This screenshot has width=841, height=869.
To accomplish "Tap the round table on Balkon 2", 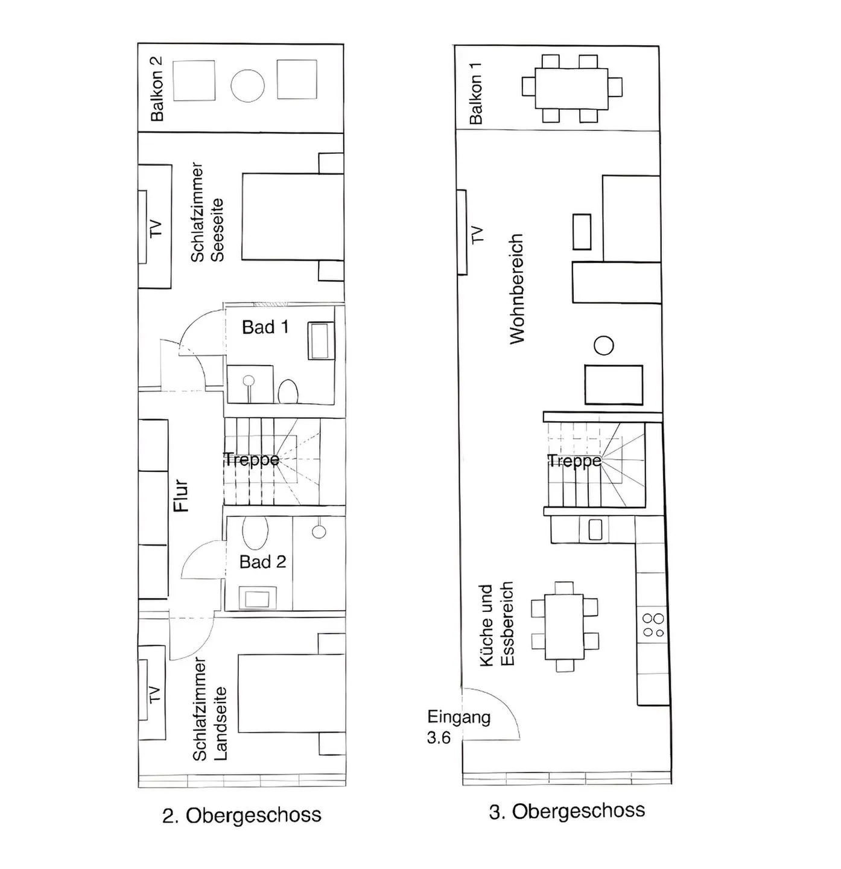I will click(x=247, y=86).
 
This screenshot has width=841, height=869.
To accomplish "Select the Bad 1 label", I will click(x=265, y=328).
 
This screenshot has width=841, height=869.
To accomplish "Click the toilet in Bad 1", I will click(x=288, y=391).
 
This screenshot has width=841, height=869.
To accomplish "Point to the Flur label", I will click(x=182, y=496).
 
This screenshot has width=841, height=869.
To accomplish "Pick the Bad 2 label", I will click(x=262, y=562).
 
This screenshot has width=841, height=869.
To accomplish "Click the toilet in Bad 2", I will click(x=255, y=532).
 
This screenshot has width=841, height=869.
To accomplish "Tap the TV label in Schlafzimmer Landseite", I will click(x=155, y=694).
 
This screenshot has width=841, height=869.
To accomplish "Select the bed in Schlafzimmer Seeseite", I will click(x=293, y=217).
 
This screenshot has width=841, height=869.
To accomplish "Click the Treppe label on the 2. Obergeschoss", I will click(x=252, y=460).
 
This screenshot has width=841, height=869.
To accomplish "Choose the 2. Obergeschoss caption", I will click(x=241, y=815).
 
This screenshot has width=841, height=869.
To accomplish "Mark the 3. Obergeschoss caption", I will click(x=566, y=811).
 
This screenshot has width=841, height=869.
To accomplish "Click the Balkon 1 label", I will click(x=476, y=99).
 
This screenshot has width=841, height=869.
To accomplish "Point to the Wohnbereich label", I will click(x=517, y=289).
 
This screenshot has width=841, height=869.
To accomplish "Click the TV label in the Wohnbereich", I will click(x=477, y=234).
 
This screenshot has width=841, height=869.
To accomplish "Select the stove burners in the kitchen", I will click(x=653, y=625).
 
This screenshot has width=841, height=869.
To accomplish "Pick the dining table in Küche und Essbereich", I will click(x=564, y=627).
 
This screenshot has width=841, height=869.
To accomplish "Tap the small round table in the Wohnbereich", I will click(x=603, y=346).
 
